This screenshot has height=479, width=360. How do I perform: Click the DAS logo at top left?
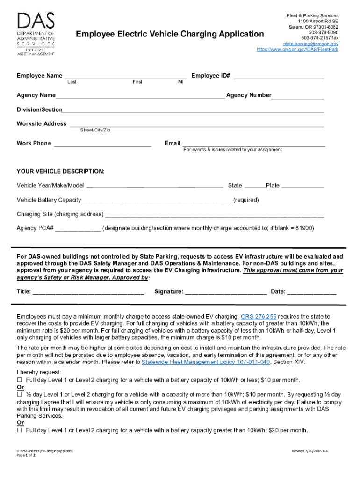click(x=36, y=34)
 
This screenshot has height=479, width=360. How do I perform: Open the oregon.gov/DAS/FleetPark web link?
click(x=297, y=49)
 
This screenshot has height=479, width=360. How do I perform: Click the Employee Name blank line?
click(x=125, y=76)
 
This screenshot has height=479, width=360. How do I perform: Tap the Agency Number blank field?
click(x=297, y=96)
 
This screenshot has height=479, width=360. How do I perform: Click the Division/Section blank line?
click(x=193, y=110)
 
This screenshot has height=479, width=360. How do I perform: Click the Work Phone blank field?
click(x=102, y=144)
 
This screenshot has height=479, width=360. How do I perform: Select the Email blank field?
click(x=254, y=144)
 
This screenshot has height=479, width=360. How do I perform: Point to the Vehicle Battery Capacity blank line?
click(x=156, y=201)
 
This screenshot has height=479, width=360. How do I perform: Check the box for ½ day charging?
click(x=20, y=393)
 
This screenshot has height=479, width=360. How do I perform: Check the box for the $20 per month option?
click(x=20, y=430)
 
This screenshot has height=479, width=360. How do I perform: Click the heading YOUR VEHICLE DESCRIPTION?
click(x=61, y=172)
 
